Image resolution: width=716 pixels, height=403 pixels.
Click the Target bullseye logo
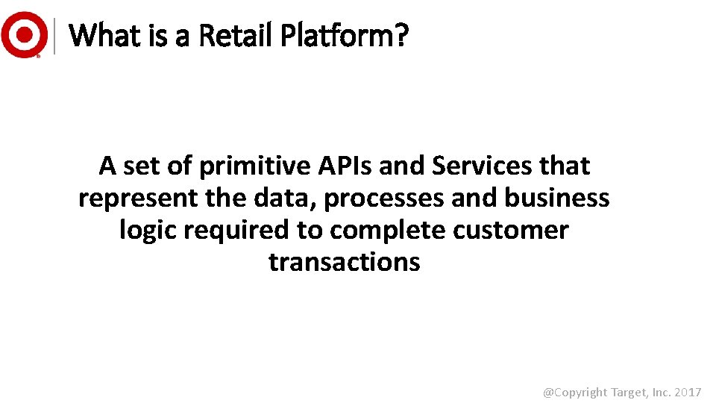[24, 34]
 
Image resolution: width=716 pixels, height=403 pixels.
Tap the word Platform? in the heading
[345, 34]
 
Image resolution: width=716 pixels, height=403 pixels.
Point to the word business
[556, 199]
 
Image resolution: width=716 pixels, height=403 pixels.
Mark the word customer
[514, 231]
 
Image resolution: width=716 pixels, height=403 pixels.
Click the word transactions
[345, 263]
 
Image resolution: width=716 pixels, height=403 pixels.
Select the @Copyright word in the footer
[574, 391]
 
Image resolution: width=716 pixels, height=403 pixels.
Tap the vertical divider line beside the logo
[57, 34]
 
